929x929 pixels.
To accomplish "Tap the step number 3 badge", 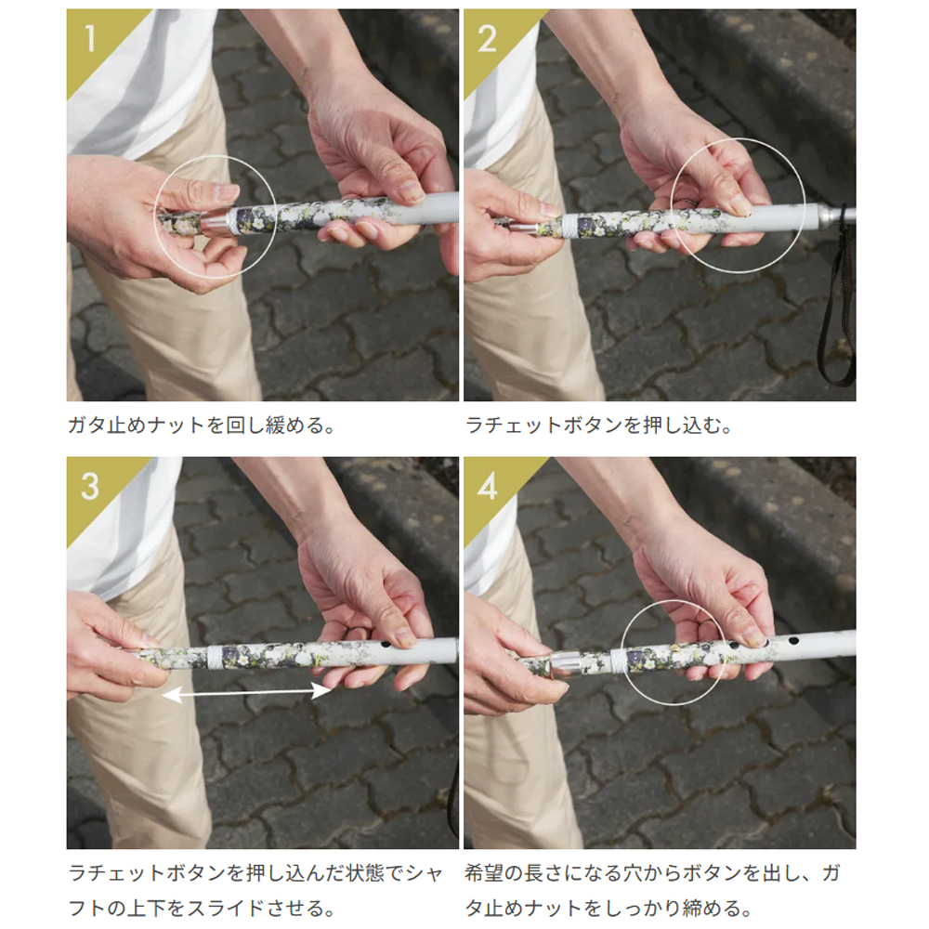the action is (90, 487).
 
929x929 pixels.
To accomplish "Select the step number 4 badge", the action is (487, 487).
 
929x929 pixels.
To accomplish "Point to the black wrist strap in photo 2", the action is (837, 308).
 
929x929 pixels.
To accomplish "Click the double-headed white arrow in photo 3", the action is (246, 692).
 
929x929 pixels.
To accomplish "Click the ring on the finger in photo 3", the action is (354, 631).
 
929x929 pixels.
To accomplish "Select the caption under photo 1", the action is (202, 425).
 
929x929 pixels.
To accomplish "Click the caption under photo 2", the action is (599, 425).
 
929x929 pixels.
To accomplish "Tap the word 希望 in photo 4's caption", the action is (484, 873).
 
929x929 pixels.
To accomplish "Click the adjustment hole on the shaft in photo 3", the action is (386, 643).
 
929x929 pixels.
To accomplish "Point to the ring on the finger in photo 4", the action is (706, 626).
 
